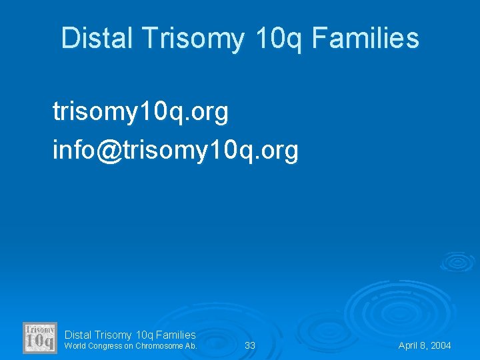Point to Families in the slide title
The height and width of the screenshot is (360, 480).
point(365,39)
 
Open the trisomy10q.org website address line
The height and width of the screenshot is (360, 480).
point(141,113)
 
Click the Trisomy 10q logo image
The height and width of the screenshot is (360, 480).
point(40,338)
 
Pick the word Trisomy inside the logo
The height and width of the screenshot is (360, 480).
point(40,329)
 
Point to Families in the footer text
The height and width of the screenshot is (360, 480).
point(175,335)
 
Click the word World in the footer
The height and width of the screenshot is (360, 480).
point(75,346)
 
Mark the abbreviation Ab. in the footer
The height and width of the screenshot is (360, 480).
point(191,346)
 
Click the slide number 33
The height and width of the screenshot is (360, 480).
point(250,345)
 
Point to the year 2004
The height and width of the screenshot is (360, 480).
point(441,345)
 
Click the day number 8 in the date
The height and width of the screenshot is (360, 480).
point(423,345)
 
